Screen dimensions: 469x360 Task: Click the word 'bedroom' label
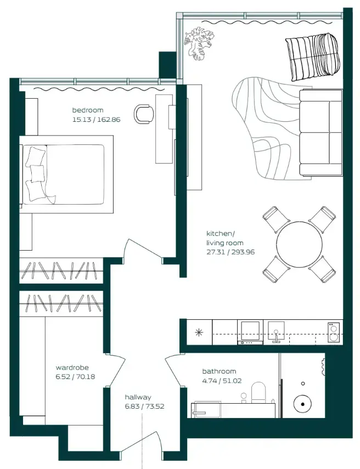click(x=88, y=110)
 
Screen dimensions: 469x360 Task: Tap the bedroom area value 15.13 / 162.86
click(x=96, y=119)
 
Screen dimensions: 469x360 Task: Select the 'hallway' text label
click(x=138, y=397)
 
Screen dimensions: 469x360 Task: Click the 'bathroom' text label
click(x=219, y=371)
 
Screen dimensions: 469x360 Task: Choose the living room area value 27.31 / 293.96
click(x=230, y=252)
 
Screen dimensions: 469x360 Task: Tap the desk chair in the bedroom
click(x=144, y=113)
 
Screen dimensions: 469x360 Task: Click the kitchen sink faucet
click(x=275, y=335)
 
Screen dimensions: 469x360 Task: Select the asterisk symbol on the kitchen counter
click(x=198, y=332)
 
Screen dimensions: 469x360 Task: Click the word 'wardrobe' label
click(x=72, y=368)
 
